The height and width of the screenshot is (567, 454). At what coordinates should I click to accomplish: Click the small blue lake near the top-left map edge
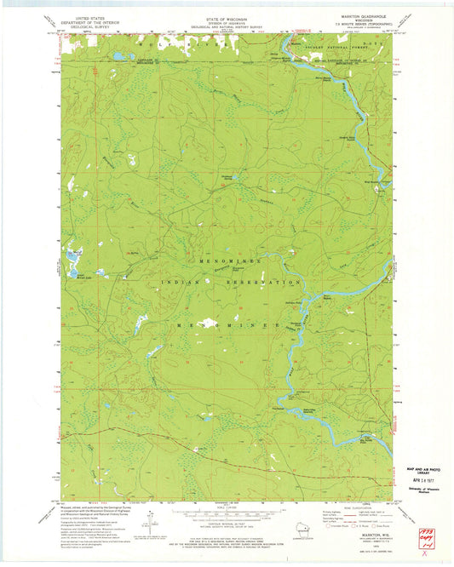(117, 57)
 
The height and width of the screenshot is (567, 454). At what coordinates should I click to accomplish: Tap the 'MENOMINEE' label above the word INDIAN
(212, 260)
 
